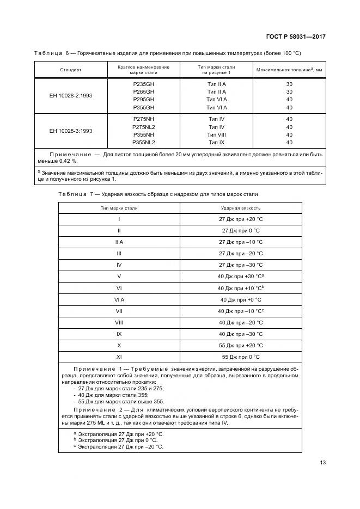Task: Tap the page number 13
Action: (323, 463)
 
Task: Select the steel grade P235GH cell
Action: (144, 84)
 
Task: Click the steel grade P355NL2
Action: (144, 142)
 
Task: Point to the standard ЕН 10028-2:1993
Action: (71, 95)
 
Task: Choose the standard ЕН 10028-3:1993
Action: (71, 131)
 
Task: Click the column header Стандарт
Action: (71, 70)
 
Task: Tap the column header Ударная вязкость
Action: (241, 208)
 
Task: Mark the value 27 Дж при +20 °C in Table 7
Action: (241, 219)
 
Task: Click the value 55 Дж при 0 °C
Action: (241, 357)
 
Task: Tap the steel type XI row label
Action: (119, 357)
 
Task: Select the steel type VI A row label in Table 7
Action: (119, 299)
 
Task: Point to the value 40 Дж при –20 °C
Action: (241, 322)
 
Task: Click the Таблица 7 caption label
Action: (76, 194)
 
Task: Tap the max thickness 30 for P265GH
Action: (289, 92)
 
